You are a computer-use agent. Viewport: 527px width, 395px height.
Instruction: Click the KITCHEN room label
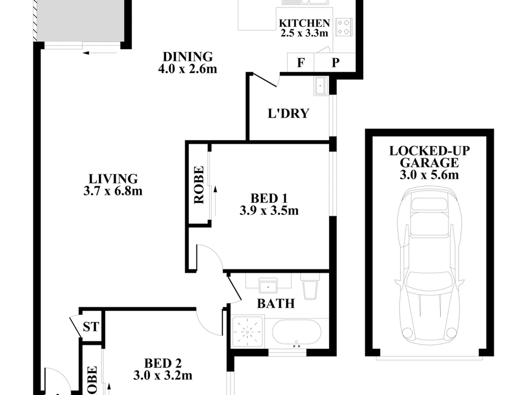click(x=304, y=23)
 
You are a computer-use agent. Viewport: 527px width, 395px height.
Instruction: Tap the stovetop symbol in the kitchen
click(x=344, y=27)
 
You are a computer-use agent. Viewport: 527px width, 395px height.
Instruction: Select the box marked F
click(x=301, y=63)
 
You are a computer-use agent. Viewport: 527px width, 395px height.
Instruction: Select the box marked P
click(x=335, y=63)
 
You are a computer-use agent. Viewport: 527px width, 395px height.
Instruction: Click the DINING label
click(x=188, y=57)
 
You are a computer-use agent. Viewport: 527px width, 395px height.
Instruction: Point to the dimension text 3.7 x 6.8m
click(x=113, y=191)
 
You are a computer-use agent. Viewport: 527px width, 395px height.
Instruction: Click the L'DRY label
click(x=288, y=114)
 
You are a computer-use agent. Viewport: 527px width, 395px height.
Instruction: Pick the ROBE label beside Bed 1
click(x=199, y=185)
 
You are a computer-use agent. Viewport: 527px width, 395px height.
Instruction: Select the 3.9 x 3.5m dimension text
click(x=269, y=211)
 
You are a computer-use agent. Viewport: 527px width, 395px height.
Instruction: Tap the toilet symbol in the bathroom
click(x=310, y=287)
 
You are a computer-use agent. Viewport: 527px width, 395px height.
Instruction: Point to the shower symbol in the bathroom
click(x=247, y=332)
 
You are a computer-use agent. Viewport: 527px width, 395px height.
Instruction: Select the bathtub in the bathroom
click(x=297, y=332)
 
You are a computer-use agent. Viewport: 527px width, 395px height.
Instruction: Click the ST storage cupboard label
click(x=91, y=327)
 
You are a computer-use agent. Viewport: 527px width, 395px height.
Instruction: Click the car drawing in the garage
click(x=429, y=263)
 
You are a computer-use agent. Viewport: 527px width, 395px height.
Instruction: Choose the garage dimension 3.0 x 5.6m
click(x=429, y=175)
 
